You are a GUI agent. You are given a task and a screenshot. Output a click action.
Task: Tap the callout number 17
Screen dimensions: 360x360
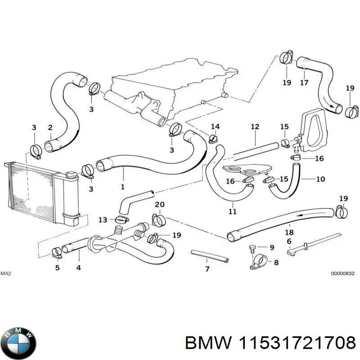click(304, 82)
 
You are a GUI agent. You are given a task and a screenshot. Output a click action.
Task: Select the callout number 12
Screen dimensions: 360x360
click(255, 127)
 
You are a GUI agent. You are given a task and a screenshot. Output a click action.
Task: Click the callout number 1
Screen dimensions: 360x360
click(122, 186)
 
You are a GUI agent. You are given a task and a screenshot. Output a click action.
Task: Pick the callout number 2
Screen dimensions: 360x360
click(50, 128)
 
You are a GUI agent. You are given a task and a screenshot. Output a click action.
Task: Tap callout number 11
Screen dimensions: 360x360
click(232, 211)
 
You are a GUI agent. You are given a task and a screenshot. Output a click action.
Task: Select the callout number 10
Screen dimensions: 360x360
click(320, 179)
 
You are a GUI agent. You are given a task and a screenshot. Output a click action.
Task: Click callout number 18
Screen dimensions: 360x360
click(289, 232)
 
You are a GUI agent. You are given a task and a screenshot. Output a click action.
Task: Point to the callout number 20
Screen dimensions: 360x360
click(159, 205)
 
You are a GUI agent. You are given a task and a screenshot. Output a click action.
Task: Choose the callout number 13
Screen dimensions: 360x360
click(103, 220)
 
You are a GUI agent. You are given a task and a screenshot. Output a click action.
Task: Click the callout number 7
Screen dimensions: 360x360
click(207, 270)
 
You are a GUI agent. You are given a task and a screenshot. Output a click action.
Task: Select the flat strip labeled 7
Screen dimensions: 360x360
click(210, 256)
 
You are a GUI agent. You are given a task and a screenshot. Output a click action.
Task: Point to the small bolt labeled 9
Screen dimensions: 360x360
click(253, 247)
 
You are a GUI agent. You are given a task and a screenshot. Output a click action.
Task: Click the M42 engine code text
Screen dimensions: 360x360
click(5, 274)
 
